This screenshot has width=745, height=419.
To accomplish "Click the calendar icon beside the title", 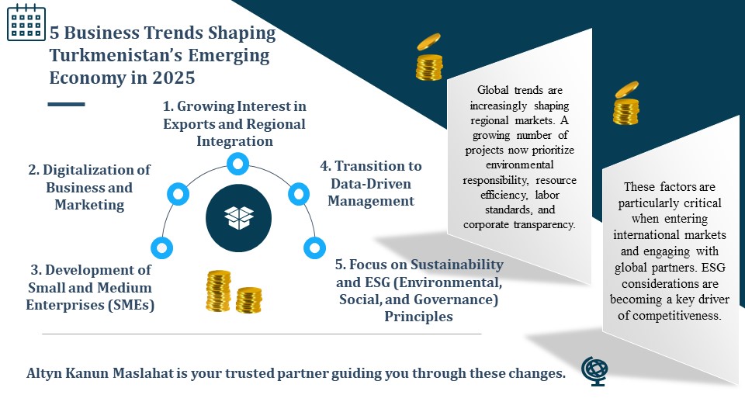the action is coord(26,23).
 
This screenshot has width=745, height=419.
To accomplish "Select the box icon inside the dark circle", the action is coord(238,217).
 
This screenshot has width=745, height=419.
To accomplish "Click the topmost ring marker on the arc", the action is coord(237,164).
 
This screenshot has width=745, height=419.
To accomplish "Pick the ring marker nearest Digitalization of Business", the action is coord(178,194).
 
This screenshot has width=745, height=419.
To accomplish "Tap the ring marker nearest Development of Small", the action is coord(161,248).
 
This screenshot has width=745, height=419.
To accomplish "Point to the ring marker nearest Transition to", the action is coord(299,194).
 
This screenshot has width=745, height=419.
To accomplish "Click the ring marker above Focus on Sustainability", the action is coord(314,248).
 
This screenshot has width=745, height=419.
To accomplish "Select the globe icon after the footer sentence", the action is coord(594,371).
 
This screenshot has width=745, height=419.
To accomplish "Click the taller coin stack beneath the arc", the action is coord(218,291).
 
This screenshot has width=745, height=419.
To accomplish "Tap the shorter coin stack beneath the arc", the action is coord(248,300).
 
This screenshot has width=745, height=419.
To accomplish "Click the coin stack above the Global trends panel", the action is coord(429,57).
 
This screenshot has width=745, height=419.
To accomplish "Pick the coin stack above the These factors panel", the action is coord(625,103).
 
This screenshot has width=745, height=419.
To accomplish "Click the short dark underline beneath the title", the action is coord(66,104).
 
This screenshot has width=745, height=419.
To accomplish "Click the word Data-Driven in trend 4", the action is coord(371,184).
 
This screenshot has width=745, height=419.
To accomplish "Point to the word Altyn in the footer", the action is coord(44,374).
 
